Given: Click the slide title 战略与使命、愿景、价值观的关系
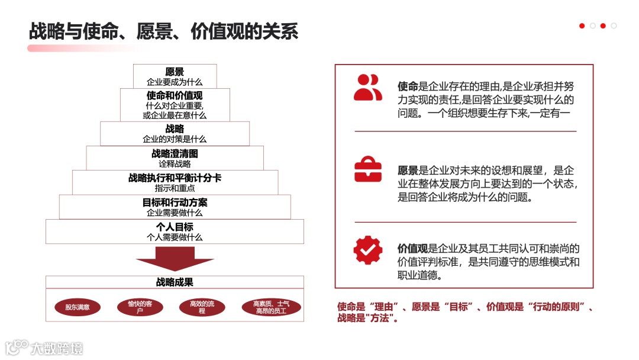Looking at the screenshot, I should pyautogui.click(x=163, y=31).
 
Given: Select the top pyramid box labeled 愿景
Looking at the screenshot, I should pyautogui.click(x=175, y=76).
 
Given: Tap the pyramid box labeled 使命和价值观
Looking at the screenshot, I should pyautogui.click(x=175, y=105).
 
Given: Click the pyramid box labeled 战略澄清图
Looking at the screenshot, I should pyautogui.click(x=175, y=158).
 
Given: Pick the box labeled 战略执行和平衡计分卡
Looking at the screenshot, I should pyautogui.click(x=175, y=182).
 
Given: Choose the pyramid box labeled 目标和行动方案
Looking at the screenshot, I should pyautogui.click(x=175, y=207).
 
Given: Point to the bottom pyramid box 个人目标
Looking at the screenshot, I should pyautogui.click(x=175, y=232).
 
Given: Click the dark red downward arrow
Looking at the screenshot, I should pyautogui.click(x=175, y=259).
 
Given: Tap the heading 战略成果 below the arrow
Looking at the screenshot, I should pyautogui.click(x=175, y=282).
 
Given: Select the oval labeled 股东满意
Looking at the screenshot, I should pyautogui.click(x=78, y=307).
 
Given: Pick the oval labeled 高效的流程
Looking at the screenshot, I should pyautogui.click(x=202, y=307).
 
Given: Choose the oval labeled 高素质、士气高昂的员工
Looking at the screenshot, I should pyautogui.click(x=271, y=307).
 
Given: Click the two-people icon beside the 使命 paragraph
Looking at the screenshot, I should pyautogui.click(x=367, y=87).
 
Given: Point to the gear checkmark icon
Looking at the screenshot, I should pyautogui.click(x=367, y=250).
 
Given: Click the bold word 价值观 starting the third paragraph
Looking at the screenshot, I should pyautogui.click(x=412, y=249).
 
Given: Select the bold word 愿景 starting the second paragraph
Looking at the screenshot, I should pyautogui.click(x=408, y=171).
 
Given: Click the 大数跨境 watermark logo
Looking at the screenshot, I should pyautogui.click(x=44, y=347).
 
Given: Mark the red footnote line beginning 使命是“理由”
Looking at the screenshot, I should pyautogui.click(x=465, y=307).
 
